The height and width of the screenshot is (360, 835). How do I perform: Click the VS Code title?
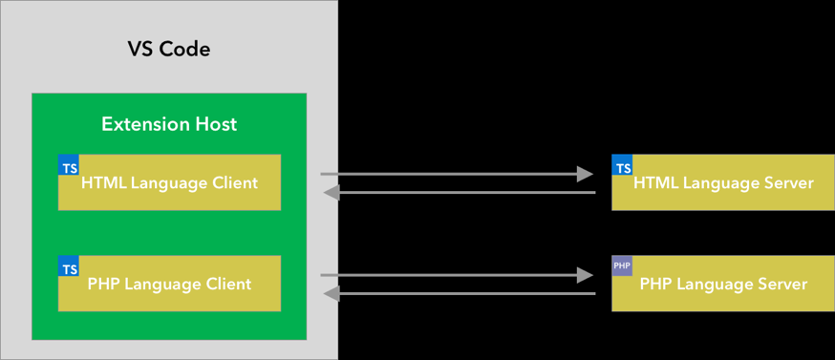tap(169, 49)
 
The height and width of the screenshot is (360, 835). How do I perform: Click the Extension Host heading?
tap(169, 124)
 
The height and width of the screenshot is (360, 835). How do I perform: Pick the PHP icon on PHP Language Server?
tap(622, 265)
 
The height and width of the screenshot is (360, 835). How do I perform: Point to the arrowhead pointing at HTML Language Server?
tap(585, 174)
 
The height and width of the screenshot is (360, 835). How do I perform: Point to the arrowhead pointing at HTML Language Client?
tap(332, 193)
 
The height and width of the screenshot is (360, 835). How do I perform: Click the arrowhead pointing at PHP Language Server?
tap(585, 275)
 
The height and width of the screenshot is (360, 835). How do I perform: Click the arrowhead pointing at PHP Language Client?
tap(332, 294)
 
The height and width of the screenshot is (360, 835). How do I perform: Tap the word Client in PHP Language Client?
tap(228, 284)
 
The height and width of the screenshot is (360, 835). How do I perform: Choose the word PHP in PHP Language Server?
tap(655, 284)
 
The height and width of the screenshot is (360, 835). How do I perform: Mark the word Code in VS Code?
tap(185, 49)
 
